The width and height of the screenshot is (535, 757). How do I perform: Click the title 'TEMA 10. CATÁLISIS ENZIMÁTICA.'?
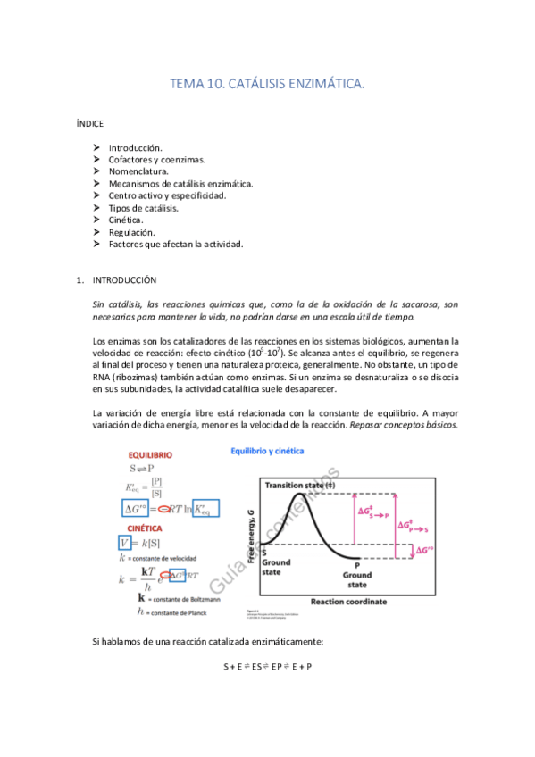(x=267, y=84)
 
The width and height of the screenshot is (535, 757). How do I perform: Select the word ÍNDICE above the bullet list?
(x=91, y=124)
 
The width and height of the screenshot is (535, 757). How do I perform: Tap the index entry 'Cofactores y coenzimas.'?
(x=157, y=160)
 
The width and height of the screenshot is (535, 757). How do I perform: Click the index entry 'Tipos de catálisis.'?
(x=144, y=208)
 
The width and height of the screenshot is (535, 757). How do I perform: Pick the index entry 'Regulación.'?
(x=133, y=232)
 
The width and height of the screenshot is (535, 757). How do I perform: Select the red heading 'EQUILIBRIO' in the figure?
(x=150, y=455)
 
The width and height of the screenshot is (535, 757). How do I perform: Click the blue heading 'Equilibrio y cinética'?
(x=268, y=451)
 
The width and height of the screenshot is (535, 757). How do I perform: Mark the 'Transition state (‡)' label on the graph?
(x=299, y=484)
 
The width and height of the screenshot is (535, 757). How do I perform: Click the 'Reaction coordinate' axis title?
(x=337, y=601)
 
